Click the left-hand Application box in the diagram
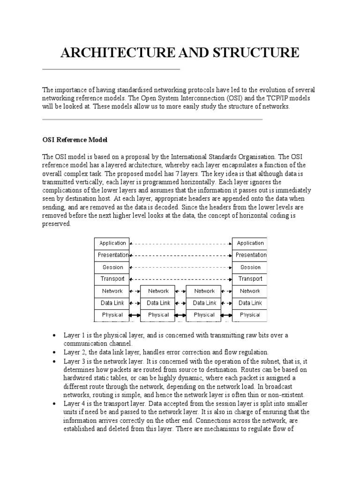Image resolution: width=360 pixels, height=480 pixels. [x=112, y=243]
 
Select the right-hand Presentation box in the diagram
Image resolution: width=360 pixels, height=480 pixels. [x=250, y=255]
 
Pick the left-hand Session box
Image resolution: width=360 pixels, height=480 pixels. [x=112, y=267]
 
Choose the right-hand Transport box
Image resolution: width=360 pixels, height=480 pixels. [x=250, y=279]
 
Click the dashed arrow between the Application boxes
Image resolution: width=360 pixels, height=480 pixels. [x=181, y=243]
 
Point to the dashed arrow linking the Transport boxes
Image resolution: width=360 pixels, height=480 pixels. [x=181, y=279]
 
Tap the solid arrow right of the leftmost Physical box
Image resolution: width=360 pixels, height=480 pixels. [x=135, y=315]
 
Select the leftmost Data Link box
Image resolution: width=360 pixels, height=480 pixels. [x=112, y=303]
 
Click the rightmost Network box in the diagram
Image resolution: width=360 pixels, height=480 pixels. [x=250, y=291]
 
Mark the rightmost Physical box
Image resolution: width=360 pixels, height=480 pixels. [x=250, y=315]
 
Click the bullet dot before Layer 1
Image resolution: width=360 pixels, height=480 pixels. [x=55, y=336]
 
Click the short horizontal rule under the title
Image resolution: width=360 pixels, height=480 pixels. [x=111, y=69]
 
